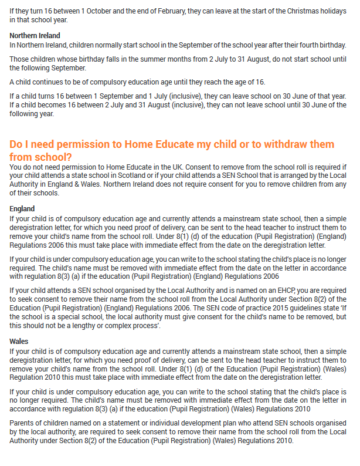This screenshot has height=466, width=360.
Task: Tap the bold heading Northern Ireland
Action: pos(35,36)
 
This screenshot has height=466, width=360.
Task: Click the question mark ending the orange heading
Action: pos(70,157)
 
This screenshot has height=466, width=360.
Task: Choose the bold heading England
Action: pos(22,208)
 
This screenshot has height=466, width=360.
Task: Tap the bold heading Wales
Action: pos(19,341)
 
